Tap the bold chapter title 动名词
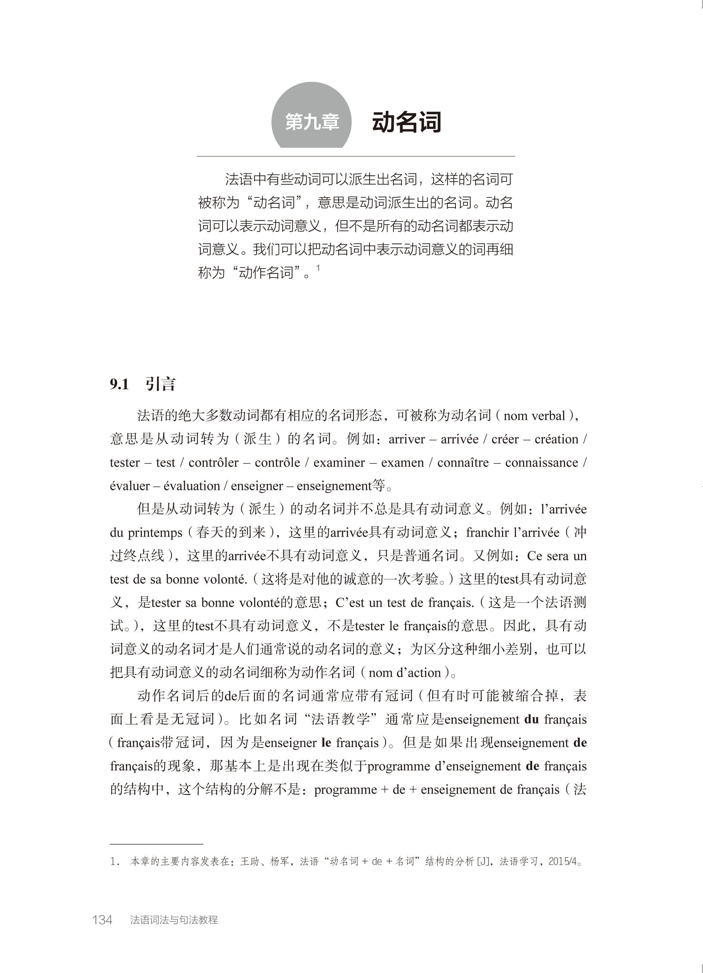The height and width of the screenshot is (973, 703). click(x=406, y=122)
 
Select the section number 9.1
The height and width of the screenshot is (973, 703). click(x=119, y=384)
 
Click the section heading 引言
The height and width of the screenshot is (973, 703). click(x=160, y=384)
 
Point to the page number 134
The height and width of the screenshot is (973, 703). click(x=102, y=920)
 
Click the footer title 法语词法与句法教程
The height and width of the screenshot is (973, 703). click(x=174, y=920)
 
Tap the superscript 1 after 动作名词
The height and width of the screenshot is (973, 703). click(x=318, y=268)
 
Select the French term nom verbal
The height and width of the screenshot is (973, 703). click(x=534, y=416)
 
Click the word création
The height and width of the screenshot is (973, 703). click(x=556, y=439)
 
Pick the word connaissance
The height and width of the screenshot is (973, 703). click(x=541, y=463)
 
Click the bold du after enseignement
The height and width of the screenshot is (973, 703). click(x=531, y=719)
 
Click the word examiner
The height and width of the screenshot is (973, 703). click(x=339, y=463)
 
